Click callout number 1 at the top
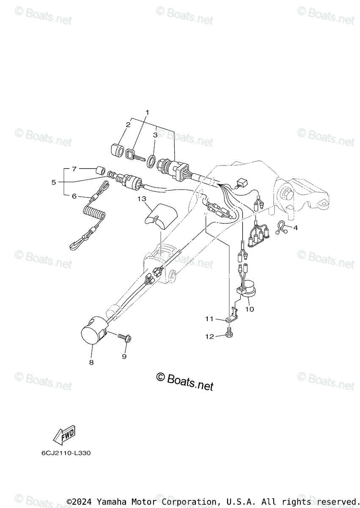pos(148,112)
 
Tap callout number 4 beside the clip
pos(295,228)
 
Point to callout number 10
pos(249,309)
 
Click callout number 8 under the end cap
pos(91,362)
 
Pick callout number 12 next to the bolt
pos(219,336)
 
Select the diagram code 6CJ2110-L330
pos(66,453)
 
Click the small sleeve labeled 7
pos(101,171)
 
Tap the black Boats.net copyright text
pos(185,381)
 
